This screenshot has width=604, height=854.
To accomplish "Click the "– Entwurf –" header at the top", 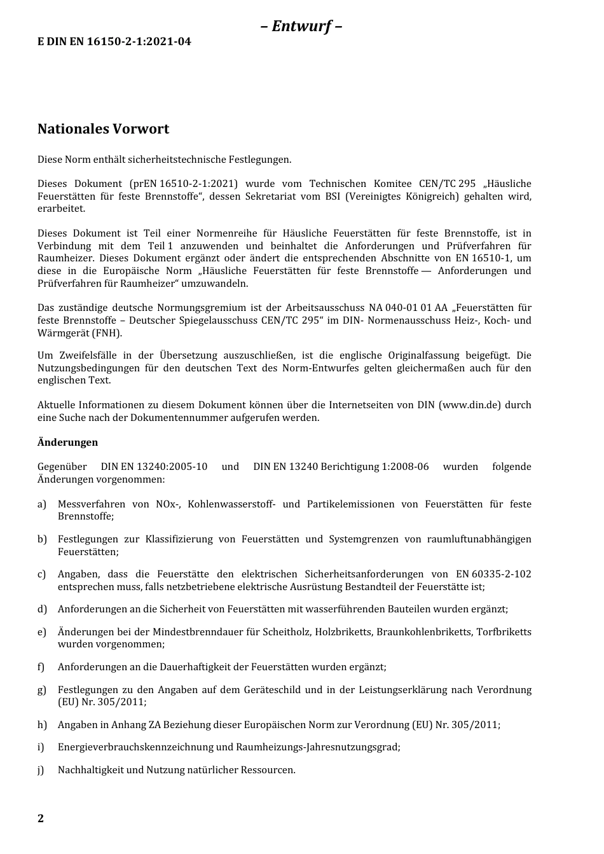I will tap(301, 26).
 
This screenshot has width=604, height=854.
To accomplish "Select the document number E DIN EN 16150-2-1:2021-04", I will tap(114, 42).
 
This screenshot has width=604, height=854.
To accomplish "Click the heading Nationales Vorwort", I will tap(103, 129).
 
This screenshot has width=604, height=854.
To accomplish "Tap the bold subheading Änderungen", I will tap(67, 443).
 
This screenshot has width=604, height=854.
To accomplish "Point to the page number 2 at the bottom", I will tap(41, 818).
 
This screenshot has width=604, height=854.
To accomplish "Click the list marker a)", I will tap(42, 504).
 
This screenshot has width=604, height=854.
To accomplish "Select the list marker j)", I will tap(41, 770).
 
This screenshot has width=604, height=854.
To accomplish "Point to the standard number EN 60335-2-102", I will tap(493, 574).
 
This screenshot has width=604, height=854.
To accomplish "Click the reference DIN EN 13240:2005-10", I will tap(154, 467).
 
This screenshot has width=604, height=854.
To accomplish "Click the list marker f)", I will tap(41, 667).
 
